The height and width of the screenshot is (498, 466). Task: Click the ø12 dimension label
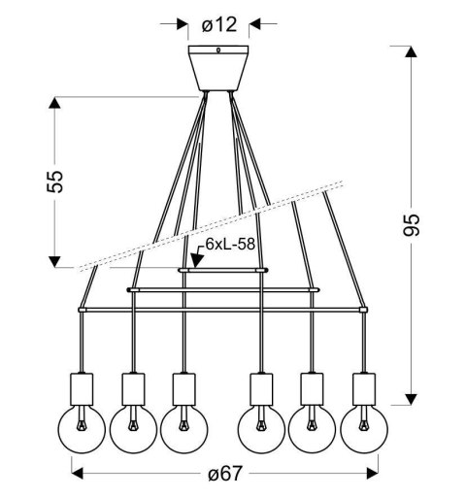click(x=220, y=21)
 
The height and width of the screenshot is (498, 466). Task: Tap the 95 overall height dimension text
click(x=414, y=224)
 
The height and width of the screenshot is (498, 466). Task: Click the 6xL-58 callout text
click(x=229, y=247)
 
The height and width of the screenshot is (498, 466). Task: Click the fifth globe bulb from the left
click(x=312, y=426)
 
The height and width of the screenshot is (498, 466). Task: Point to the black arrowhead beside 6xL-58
click(x=196, y=260)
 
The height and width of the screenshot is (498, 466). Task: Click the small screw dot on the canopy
click(x=220, y=52)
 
